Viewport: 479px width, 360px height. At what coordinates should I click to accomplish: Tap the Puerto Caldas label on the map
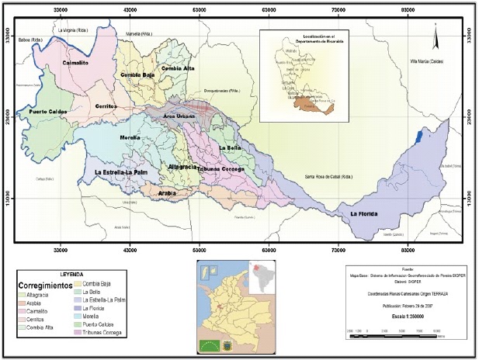coord(50,112)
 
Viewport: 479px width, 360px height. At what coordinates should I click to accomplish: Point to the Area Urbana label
coord(180,115)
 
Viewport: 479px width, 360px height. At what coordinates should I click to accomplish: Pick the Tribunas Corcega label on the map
coord(221,168)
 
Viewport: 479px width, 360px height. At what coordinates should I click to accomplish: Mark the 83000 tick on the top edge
coord(408,12)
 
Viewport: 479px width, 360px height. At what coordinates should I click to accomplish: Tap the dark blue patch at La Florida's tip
coord(420,137)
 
